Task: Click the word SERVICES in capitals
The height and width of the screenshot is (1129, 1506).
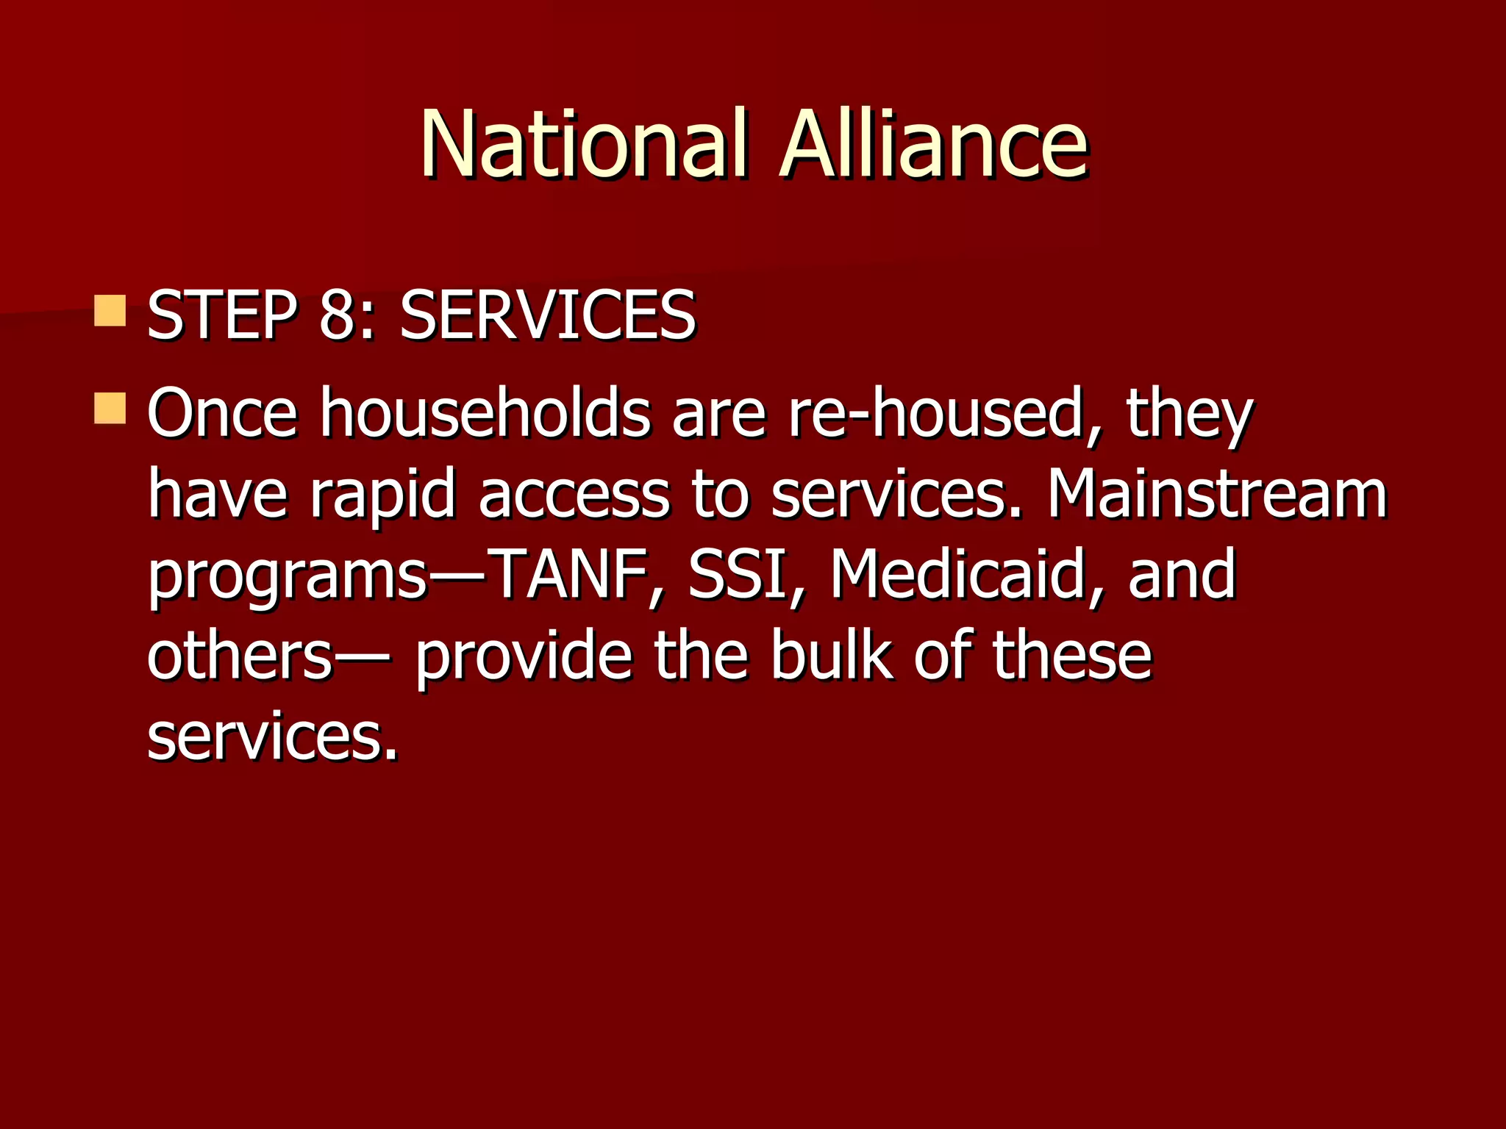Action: tap(548, 316)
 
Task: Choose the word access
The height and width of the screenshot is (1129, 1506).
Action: tap(574, 495)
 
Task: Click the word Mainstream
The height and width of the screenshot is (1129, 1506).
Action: tap(1217, 495)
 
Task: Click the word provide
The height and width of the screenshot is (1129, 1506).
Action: tap(524, 656)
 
